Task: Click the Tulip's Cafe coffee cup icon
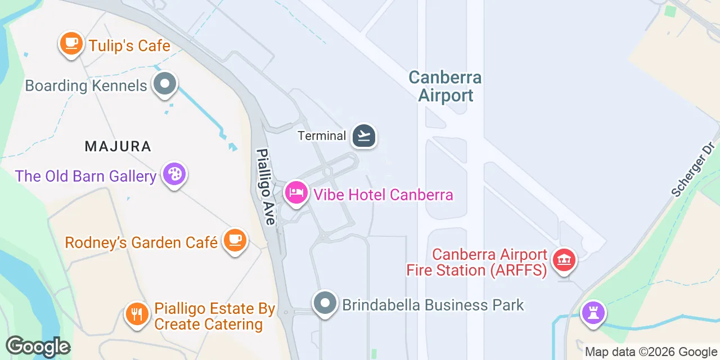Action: [70, 43]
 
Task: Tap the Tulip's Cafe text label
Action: [129, 45]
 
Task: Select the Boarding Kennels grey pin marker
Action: [165, 84]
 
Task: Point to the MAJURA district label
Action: [118, 147]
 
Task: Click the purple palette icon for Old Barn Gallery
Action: [174, 174]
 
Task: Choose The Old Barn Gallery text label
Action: [85, 176]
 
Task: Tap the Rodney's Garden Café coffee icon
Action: [235, 240]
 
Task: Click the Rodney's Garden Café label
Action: [141, 242]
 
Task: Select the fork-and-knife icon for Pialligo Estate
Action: [137, 313]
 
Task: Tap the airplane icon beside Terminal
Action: [364, 136]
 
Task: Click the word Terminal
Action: [322, 136]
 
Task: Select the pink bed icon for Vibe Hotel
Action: [296, 193]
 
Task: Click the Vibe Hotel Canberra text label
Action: [383, 195]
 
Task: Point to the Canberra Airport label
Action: [445, 86]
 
